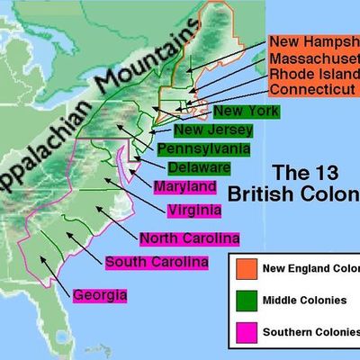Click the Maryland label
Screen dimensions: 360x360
tap(184, 188)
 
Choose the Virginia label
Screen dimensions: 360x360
tap(193, 211)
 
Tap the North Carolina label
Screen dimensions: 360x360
tap(190, 239)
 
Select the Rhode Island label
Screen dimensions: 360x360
tap(313, 73)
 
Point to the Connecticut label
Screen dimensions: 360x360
tap(311, 90)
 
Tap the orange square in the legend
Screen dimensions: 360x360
tap(242, 268)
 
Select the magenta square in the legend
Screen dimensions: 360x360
tap(242, 334)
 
